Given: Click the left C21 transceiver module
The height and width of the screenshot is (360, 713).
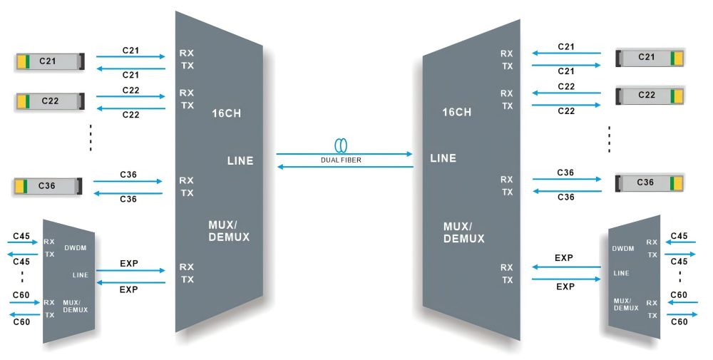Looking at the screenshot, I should point(49,62).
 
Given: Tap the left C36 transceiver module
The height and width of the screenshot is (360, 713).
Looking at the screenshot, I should point(49,187).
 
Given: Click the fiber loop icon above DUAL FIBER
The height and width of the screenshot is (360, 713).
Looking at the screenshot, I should point(342,145).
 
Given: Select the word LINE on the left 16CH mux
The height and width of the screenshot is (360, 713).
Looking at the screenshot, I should point(240,161).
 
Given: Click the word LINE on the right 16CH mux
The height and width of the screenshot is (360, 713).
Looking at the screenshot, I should point(443,157).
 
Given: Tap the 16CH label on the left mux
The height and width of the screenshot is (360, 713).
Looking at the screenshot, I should point(227,113).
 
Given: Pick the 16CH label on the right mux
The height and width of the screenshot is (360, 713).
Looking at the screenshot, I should point(456,113).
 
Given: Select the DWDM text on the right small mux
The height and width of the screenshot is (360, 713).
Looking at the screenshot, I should point(622,249).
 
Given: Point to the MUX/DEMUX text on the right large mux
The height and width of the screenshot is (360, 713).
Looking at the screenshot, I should point(463,232).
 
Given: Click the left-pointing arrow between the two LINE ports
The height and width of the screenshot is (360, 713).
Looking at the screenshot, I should point(345,168).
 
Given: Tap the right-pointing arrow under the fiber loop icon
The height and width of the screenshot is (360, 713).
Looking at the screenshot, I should point(345,153).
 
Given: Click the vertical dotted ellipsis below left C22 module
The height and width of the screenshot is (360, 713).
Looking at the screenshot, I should point(91,138).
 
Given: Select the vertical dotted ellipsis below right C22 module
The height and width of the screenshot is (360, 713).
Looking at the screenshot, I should point(609,139).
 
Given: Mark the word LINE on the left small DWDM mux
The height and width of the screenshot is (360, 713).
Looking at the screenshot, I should point(80,274).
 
